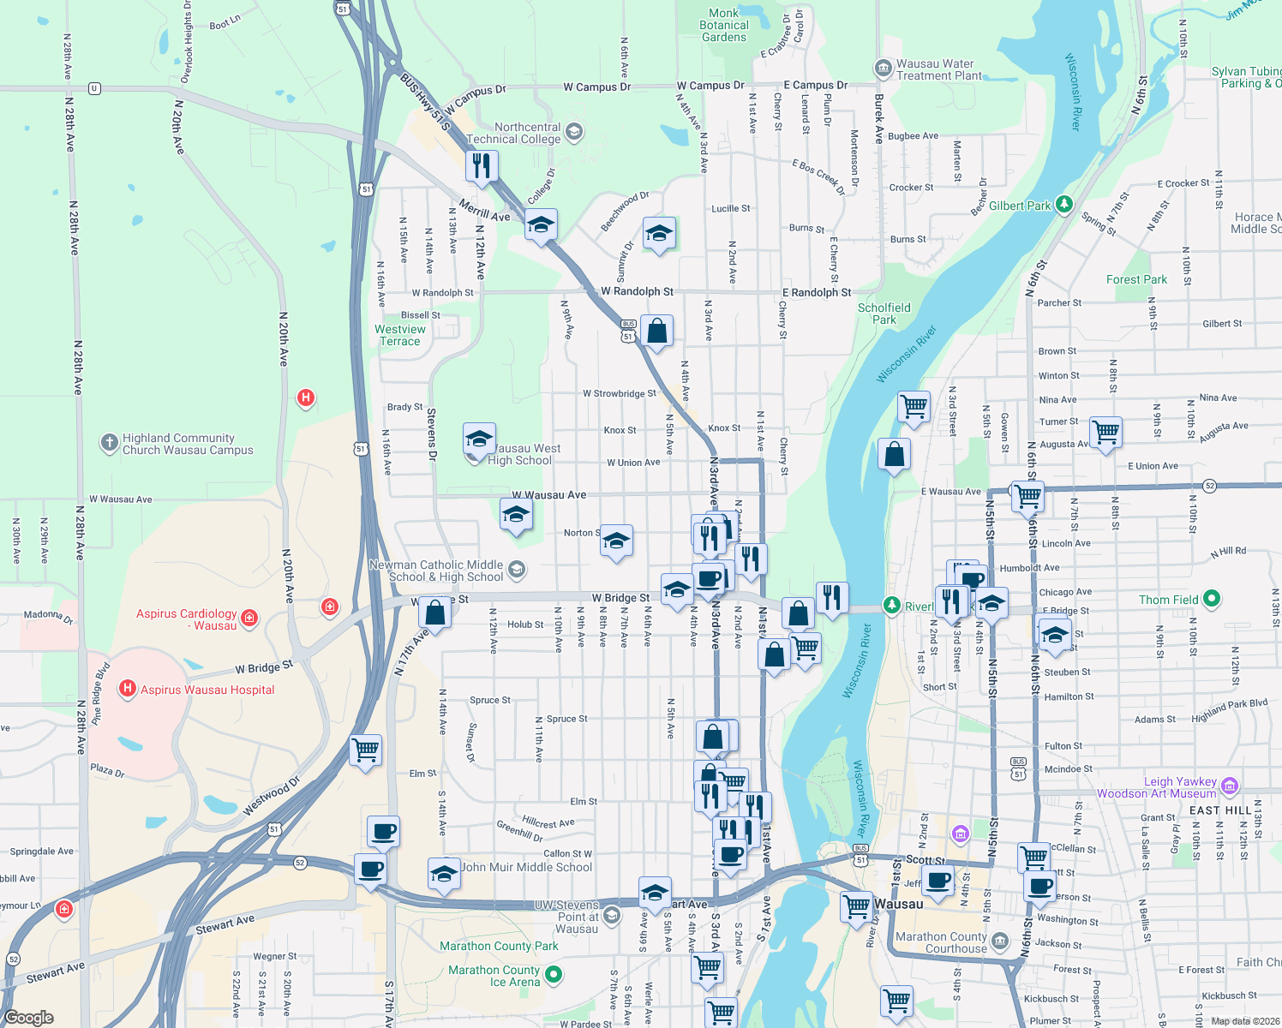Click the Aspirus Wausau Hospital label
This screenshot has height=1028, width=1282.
click(x=207, y=690)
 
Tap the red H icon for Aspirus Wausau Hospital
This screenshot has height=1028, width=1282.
click(x=128, y=688)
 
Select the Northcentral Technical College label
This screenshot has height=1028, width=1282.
click(x=514, y=133)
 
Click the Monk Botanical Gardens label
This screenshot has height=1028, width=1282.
click(x=724, y=25)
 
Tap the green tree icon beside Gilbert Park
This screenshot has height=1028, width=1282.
click(x=1063, y=204)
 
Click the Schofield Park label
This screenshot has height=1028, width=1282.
click(x=884, y=314)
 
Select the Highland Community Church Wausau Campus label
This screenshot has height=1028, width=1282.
click(x=188, y=444)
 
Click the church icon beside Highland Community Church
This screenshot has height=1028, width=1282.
click(x=109, y=442)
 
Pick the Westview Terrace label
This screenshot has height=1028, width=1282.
click(x=399, y=335)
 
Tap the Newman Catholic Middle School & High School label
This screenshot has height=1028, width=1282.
click(x=436, y=571)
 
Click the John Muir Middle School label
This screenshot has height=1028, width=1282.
click(x=526, y=867)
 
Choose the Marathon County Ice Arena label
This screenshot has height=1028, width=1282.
click(x=495, y=976)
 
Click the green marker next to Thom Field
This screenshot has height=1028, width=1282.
click(x=1211, y=599)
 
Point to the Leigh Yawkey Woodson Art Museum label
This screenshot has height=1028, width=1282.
click(x=1156, y=787)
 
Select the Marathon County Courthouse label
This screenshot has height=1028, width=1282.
click(x=941, y=942)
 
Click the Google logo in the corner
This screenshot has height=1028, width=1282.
click(x=28, y=1018)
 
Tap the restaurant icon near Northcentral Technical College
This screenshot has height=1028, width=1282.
click(x=482, y=164)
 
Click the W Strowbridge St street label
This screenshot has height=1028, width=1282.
click(x=619, y=393)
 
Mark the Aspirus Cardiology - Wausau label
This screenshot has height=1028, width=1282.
click(x=187, y=619)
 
